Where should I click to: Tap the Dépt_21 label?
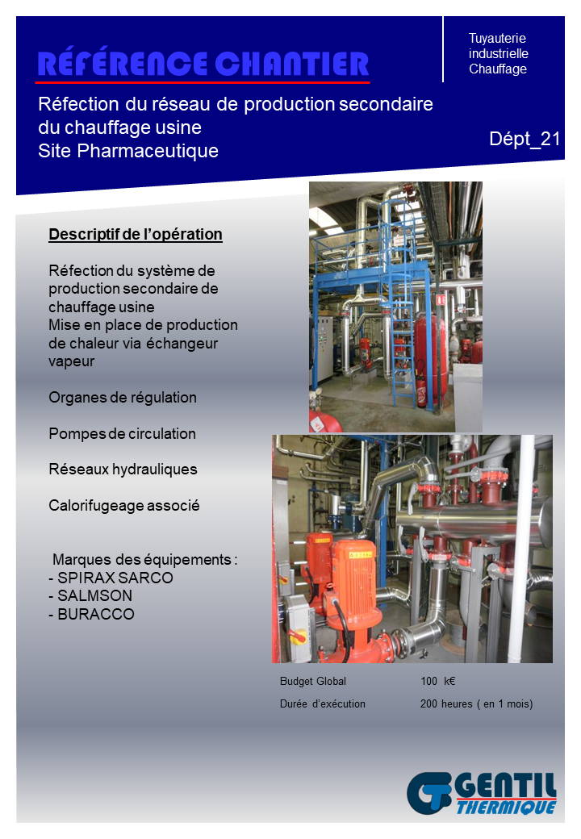525,139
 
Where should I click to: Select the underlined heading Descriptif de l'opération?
136,235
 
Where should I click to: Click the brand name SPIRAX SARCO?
115,578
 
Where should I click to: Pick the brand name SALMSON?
94,595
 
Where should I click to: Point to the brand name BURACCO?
96,614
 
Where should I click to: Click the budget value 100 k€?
437,681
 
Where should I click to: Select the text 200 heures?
446,703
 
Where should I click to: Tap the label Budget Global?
313,681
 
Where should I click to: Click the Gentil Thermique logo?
482,793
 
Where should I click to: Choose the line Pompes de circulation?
122,433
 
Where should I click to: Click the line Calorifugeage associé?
124,506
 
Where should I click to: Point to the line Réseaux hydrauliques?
123,470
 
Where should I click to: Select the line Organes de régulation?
123,398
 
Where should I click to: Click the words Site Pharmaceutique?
128,151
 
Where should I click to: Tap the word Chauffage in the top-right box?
498,69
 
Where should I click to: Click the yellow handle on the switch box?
298,637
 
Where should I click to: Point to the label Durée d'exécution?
323,703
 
